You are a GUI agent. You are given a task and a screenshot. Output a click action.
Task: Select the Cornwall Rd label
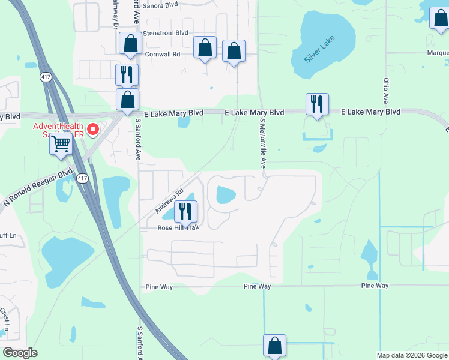[x=163, y=54]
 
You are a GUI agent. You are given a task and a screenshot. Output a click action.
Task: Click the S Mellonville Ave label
[x=262, y=143]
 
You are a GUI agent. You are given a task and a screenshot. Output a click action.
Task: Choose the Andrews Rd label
[x=169, y=202]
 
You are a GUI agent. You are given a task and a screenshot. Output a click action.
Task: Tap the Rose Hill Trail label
[x=178, y=227]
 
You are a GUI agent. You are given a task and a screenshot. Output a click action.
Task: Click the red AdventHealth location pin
[x=93, y=129]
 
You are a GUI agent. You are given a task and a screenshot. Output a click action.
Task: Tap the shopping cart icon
[x=61, y=144]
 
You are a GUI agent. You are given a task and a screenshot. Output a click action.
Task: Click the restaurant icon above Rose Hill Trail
[x=185, y=211]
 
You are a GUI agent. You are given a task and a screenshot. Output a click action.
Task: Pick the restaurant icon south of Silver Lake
[x=316, y=104]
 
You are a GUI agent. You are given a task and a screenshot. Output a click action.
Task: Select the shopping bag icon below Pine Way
[x=274, y=346]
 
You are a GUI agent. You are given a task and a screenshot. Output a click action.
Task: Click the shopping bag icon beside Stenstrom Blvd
[x=130, y=43]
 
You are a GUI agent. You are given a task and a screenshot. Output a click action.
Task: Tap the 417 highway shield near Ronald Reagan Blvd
[x=82, y=178]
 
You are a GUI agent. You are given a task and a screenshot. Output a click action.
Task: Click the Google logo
[x=20, y=353]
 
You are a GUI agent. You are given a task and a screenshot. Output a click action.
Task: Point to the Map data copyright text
[x=412, y=355]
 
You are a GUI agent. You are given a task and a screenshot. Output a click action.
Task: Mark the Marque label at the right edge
[x=438, y=53]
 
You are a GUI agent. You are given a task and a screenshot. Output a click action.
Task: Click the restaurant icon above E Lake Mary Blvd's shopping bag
[x=127, y=74]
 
